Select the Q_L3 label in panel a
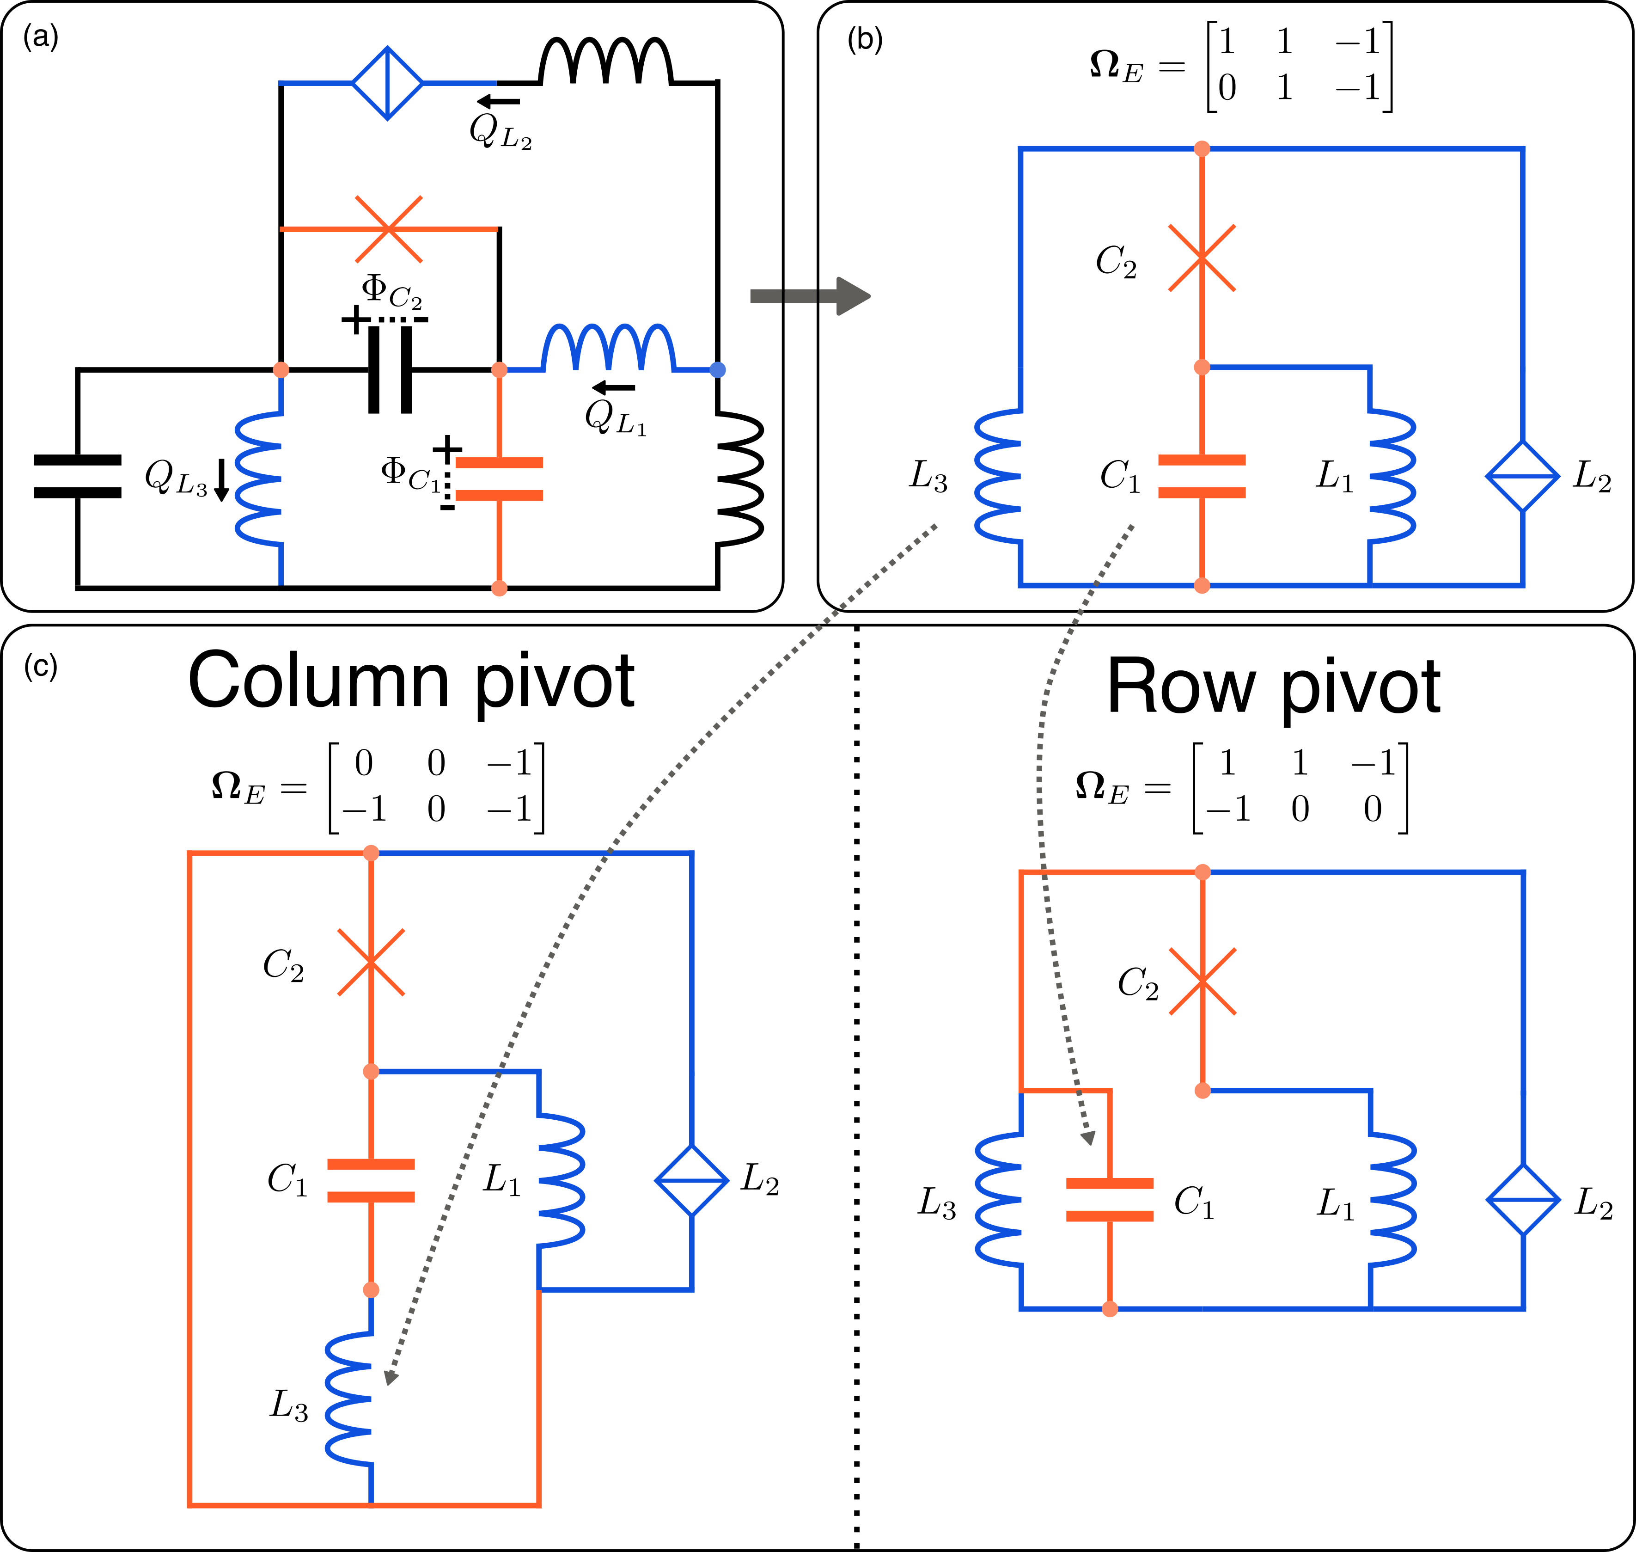[x=175, y=478]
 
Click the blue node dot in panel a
[x=718, y=370]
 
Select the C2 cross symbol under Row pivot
[x=1203, y=981]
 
